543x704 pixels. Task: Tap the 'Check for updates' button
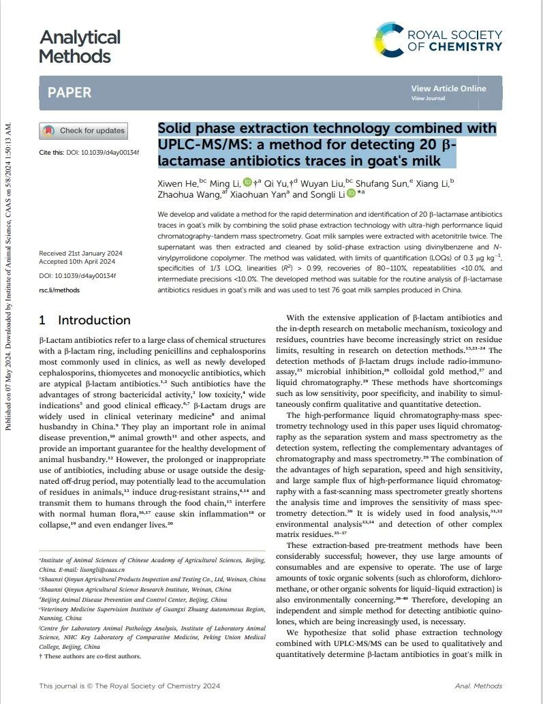(x=83, y=130)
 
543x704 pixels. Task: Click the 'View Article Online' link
(x=448, y=89)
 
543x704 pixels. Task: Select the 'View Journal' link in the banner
(x=428, y=98)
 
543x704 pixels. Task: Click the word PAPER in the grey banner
(x=69, y=93)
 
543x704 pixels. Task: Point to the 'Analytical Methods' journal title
(x=80, y=46)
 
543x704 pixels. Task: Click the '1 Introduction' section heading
(x=84, y=320)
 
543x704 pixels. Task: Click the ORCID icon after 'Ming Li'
(x=247, y=182)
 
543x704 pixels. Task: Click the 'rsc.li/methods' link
(x=59, y=290)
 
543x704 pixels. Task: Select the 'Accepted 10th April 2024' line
(x=76, y=262)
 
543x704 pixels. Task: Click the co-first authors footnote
(x=91, y=656)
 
